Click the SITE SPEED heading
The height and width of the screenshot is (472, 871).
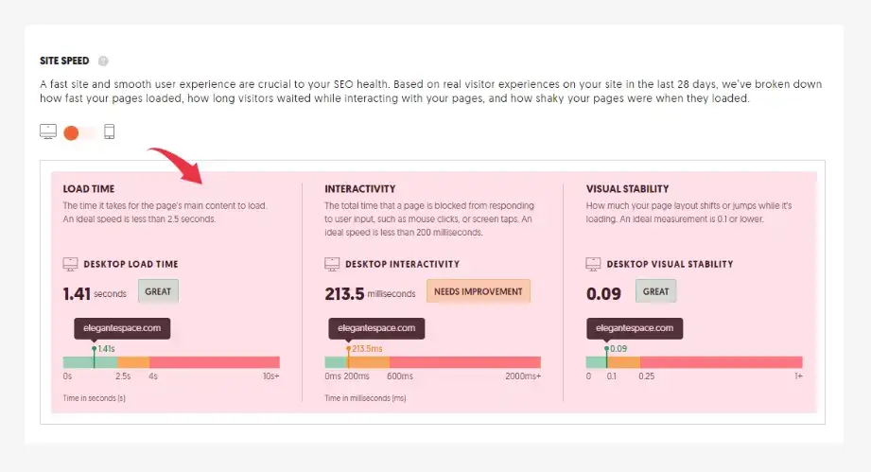coord(64,61)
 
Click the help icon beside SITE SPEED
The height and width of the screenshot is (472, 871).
coord(103,61)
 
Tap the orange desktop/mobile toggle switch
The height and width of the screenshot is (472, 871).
coord(73,132)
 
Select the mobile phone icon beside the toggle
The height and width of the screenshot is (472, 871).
coord(109,132)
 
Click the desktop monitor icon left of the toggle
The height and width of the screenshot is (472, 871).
coord(48,132)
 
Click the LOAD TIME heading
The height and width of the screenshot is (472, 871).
coord(89,189)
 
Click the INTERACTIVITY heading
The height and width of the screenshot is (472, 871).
coord(360,189)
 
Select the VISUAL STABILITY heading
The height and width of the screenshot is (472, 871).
coord(627,189)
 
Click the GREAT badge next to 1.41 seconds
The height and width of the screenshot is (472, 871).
coord(158,291)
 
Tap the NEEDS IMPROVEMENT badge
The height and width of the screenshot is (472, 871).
coord(479,291)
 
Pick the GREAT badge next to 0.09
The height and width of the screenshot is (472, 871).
coord(655,291)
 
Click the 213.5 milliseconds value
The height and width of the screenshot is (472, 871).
coord(344,293)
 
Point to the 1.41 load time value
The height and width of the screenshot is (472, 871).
coord(77,293)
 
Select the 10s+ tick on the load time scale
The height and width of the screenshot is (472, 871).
coord(270,376)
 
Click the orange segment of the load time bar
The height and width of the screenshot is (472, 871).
coord(133,362)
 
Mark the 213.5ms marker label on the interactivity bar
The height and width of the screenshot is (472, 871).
coord(367,349)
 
